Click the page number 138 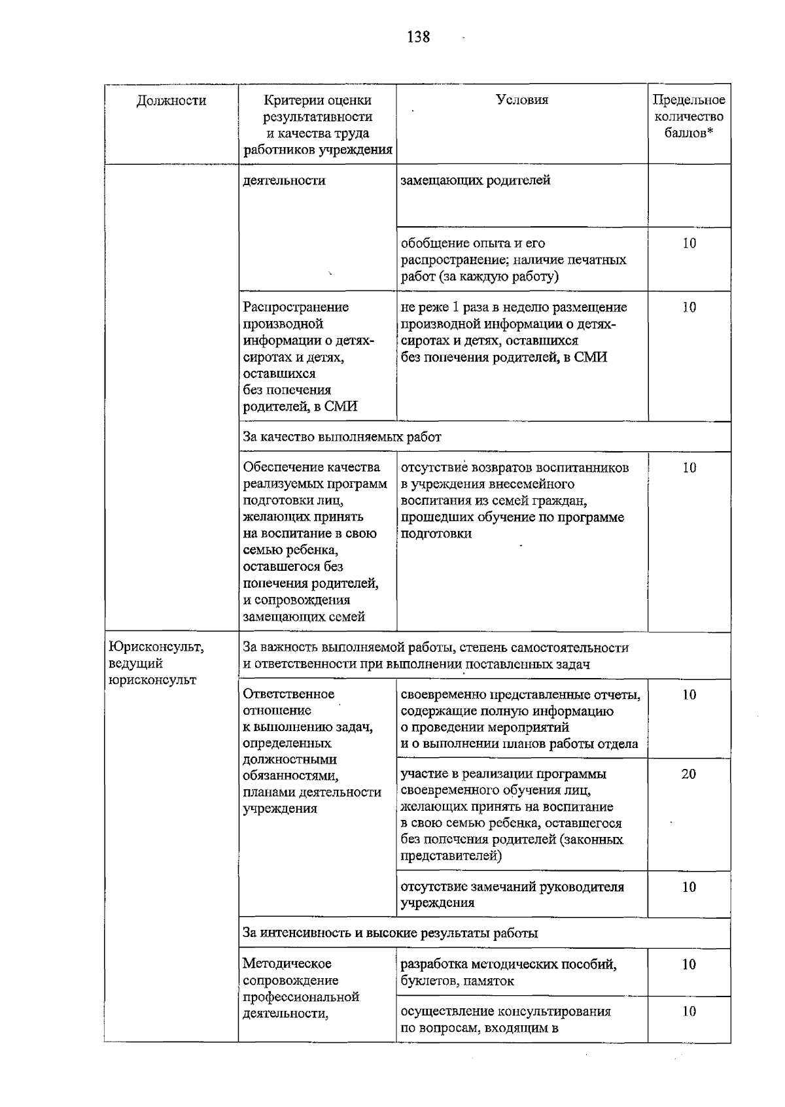click(x=418, y=37)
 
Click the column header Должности click(x=171, y=101)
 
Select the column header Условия click(x=522, y=100)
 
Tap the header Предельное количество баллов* click(x=689, y=116)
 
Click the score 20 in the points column click(x=689, y=774)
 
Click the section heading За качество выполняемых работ click(x=342, y=437)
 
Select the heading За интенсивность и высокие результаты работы click(x=391, y=933)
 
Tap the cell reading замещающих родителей click(x=476, y=180)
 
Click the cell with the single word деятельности click(x=284, y=180)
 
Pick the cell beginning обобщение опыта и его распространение click(x=513, y=260)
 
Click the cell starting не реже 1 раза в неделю click(x=514, y=332)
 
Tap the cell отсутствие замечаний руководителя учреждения click(x=512, y=894)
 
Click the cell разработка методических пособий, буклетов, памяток click(x=508, y=972)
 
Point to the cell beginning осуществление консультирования click(x=506, y=1019)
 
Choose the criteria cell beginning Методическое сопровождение click(x=301, y=988)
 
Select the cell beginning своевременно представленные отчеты click(x=520, y=719)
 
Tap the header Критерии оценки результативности click(x=317, y=125)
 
